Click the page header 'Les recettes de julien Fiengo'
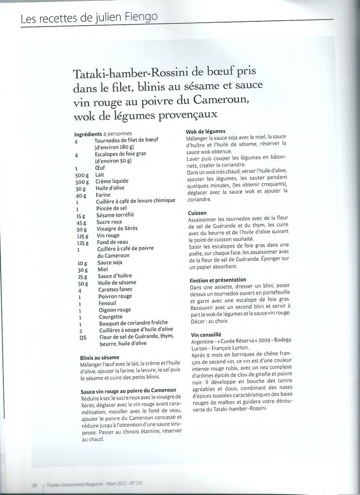(89, 18)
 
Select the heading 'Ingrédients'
(88, 134)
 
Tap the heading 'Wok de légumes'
(206, 131)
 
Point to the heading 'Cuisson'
(197, 213)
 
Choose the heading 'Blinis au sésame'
(100, 357)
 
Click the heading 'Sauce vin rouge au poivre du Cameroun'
(128, 390)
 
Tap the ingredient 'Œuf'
(100, 168)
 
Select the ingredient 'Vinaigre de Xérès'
(118, 229)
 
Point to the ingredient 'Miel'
(103, 269)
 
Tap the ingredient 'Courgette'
(110, 317)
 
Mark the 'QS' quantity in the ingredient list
(82, 337)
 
